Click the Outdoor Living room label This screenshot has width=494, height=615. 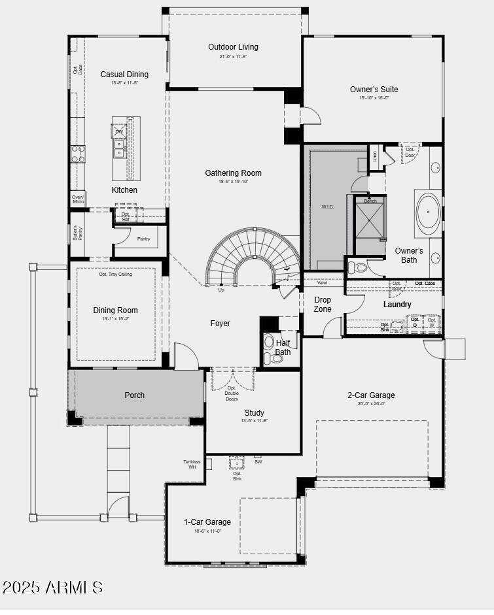point(233,47)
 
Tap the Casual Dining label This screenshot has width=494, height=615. point(124,75)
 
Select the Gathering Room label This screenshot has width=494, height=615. point(233,173)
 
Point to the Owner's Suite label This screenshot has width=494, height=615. point(374,90)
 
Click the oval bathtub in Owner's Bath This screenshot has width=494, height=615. point(429,213)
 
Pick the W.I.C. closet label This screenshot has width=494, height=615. point(327,207)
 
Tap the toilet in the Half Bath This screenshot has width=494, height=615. point(269,342)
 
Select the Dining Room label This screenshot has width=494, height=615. point(115,310)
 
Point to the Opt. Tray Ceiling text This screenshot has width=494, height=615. point(115,274)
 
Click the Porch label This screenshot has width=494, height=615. point(134,395)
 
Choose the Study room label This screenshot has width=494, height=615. point(254,413)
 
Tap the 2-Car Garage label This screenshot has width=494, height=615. point(371,395)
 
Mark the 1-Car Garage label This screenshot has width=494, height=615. point(207,522)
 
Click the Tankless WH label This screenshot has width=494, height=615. point(192,464)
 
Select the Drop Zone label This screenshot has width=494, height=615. point(323,305)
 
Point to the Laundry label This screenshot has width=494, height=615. point(397,305)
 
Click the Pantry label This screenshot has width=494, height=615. point(143,239)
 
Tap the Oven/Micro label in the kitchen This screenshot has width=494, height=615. point(77,199)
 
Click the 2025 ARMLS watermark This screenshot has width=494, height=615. point(52,587)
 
